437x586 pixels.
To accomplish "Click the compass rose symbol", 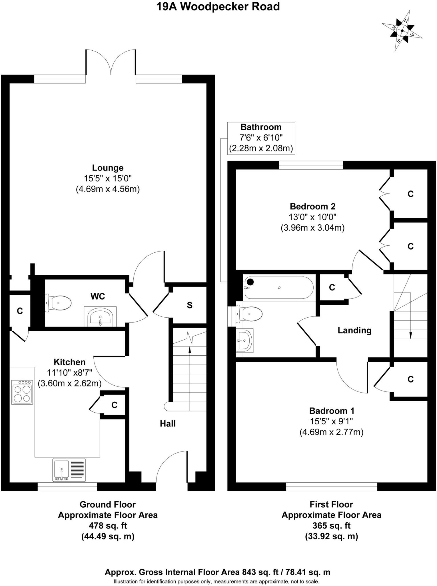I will tap(402, 31).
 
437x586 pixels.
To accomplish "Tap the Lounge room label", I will tap(108, 168).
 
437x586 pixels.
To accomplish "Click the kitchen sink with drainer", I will tap(69, 470).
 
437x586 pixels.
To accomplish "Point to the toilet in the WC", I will tap(59, 303).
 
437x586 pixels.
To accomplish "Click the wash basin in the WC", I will tap(100, 317).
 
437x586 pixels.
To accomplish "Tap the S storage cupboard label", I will tap(190, 305).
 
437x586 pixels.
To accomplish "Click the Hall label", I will tap(168, 423).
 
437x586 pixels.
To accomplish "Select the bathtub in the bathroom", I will tap(279, 288).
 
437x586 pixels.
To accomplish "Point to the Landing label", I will tap(354, 330).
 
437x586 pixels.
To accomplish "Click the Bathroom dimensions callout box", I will tap(261, 138).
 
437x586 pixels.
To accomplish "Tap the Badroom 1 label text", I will tap(332, 411).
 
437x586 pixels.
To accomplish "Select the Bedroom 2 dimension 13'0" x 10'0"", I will tap(312, 217).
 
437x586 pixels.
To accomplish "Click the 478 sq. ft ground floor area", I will tap(108, 526).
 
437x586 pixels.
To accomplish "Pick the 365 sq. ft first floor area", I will tap(331, 526).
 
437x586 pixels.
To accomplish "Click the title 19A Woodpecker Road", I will tap(218, 7).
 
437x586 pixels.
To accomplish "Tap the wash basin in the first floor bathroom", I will tap(245, 340).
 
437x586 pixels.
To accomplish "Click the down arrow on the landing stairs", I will tap(411, 335).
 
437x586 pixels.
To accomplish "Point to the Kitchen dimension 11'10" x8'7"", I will tap(70, 373).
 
